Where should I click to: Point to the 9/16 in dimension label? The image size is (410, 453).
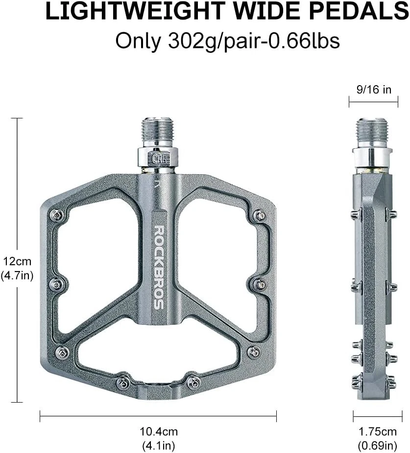[373, 90]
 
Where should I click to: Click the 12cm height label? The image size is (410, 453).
[17, 261]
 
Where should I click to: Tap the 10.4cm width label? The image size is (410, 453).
[158, 431]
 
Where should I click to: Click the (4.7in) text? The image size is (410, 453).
[17, 275]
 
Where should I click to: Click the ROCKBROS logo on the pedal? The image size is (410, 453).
[159, 267]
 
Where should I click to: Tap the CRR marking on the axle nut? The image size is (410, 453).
[158, 158]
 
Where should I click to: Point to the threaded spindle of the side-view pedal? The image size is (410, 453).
[372, 132]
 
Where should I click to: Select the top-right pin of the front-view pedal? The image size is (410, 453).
[260, 215]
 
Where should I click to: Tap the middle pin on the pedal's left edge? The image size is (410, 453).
[56, 284]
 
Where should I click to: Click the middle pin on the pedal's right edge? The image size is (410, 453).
[261, 284]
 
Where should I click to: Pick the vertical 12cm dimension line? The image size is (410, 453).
[18, 196]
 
